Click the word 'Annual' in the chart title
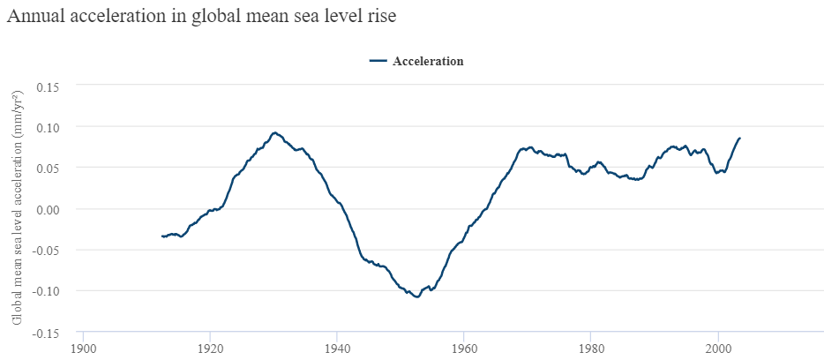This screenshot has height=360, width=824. coord(34,17)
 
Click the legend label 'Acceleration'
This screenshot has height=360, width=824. coord(428,61)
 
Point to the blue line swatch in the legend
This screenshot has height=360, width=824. coord(378,61)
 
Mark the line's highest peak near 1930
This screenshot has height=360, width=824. coord(274,132)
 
